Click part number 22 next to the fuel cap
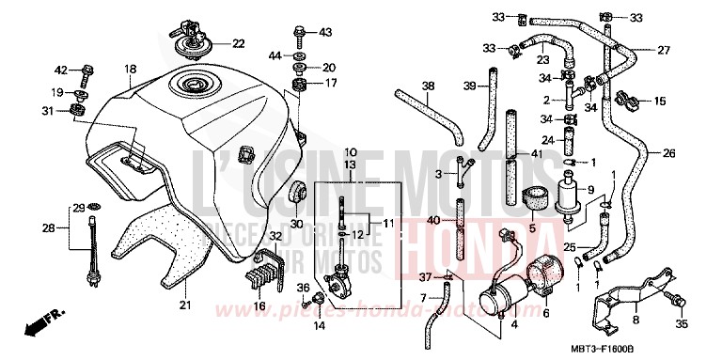238,43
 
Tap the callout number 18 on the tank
130,69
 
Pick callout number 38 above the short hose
428,86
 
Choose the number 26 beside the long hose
669,152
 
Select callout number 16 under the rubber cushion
260,306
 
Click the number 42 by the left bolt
60,70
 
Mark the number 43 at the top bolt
325,33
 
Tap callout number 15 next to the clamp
659,101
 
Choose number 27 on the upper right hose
664,50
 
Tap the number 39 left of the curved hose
469,86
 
